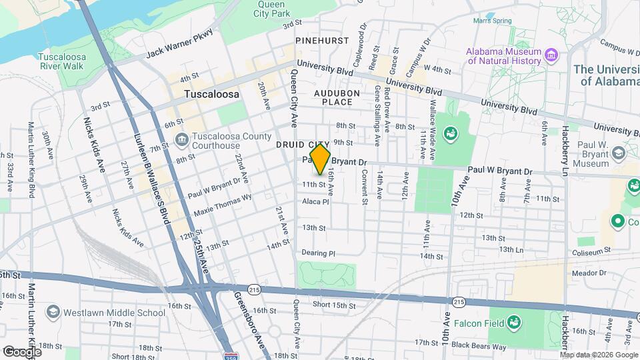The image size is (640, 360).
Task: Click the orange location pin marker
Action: pos(321,159)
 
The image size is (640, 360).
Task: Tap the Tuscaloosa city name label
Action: pos(211,95)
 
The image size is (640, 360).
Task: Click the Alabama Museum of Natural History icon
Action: pos(551,53)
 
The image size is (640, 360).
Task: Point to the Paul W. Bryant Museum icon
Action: pos(618,153)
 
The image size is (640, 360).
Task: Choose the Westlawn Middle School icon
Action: pos(53,312)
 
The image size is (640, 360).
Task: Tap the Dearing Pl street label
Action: pos(317,253)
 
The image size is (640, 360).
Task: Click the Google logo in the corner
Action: pos(22,351)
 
